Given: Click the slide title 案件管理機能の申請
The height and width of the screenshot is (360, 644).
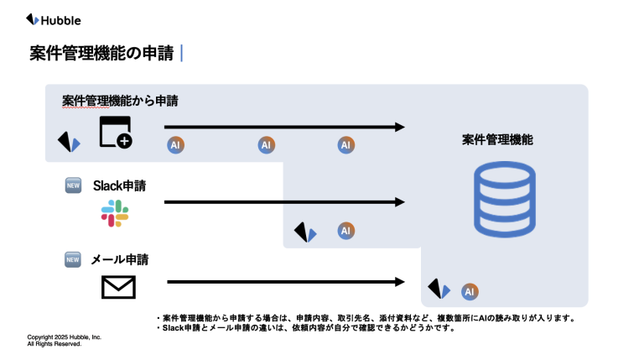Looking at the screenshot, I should pos(101,54).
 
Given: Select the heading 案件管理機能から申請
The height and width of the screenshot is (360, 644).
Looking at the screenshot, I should pos(120,102).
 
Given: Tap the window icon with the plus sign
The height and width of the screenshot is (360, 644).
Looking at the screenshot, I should pos(116,133).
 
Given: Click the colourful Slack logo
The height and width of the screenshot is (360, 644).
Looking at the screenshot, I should pos(115,213).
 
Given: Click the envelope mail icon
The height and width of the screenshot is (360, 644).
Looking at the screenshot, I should pos(118,287).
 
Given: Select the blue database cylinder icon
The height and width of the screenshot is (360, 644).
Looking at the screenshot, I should pos(503,200).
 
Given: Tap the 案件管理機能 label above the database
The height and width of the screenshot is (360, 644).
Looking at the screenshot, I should pos(497,140).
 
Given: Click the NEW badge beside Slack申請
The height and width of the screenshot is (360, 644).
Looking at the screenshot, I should pos(73,186).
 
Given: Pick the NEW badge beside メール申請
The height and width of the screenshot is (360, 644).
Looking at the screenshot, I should pos(73,259).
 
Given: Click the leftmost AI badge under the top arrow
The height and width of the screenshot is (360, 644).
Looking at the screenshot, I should pos(175,145).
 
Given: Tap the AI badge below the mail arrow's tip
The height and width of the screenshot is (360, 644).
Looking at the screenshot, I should pos(470,291).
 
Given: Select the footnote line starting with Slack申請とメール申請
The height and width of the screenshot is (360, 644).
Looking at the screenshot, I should pos(309,328).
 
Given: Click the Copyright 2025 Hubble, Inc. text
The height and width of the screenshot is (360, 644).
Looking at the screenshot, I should pos(65,337).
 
